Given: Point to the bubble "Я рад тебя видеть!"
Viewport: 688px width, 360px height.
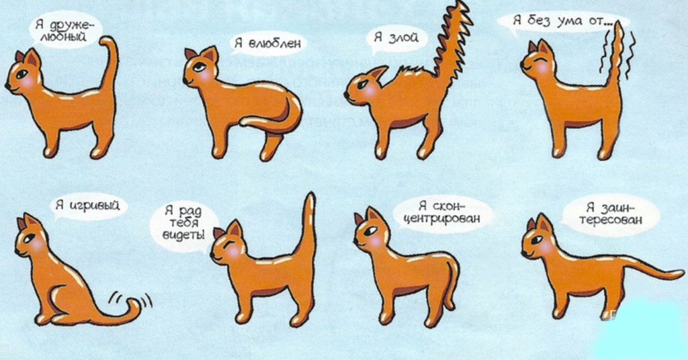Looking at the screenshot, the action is [x=184, y=224].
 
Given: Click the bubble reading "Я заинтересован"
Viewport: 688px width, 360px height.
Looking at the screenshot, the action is [x=610, y=214].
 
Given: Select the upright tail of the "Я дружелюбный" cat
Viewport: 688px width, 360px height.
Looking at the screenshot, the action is [x=110, y=66].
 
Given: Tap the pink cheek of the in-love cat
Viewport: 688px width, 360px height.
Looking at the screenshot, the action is [x=204, y=75].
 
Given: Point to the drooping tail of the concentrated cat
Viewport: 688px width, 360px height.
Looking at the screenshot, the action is [x=452, y=281].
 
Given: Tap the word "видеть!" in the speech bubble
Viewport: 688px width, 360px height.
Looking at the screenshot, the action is [x=183, y=234].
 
